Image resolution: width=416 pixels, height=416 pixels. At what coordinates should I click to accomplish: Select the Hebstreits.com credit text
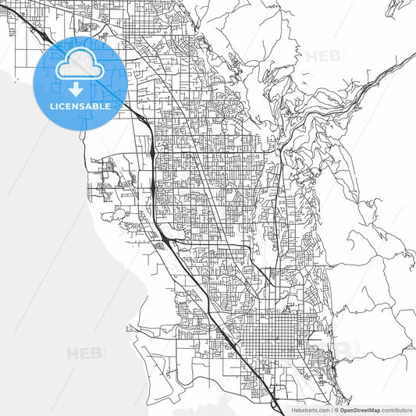point(311,410)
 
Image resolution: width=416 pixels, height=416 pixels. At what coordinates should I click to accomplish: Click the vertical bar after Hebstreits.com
point(332,410)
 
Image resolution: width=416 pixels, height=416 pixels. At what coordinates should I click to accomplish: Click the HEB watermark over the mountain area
point(322,56)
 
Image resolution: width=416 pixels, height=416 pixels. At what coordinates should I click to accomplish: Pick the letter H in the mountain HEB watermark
point(308,56)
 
